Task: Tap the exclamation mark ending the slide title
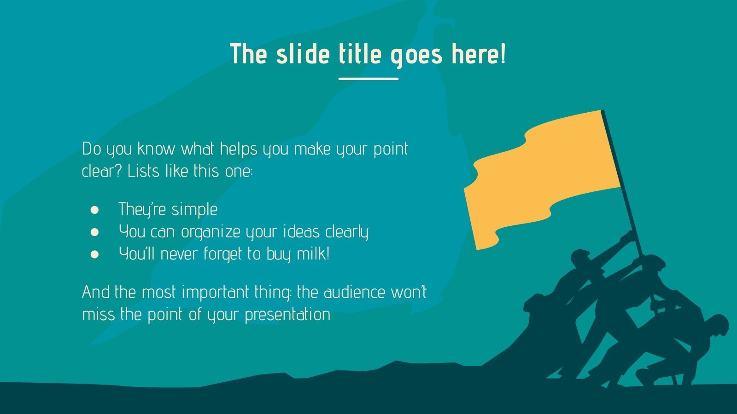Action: click(502, 54)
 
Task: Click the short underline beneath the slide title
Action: click(368, 79)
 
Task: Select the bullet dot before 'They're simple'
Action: click(95, 210)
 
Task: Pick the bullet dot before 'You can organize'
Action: click(95, 232)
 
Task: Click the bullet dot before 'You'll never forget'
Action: click(95, 254)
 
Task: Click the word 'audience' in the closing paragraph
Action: click(351, 293)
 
